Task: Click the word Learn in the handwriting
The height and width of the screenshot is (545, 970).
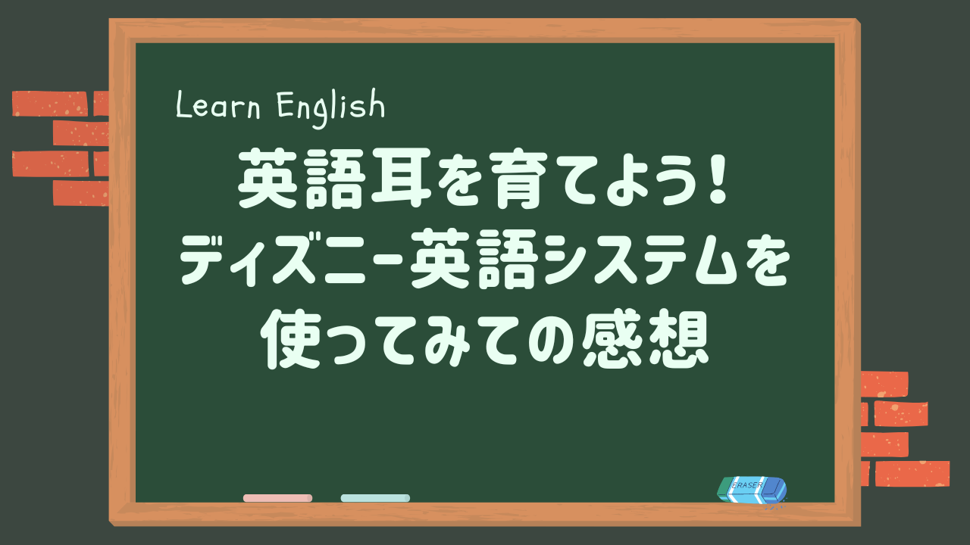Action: [218, 105]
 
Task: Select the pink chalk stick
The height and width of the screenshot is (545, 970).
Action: [277, 498]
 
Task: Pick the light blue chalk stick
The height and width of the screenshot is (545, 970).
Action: [375, 498]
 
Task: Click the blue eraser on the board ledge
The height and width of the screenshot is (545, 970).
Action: [752, 490]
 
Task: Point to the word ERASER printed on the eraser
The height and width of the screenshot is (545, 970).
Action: [747, 485]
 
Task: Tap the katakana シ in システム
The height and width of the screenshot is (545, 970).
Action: [568, 260]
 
